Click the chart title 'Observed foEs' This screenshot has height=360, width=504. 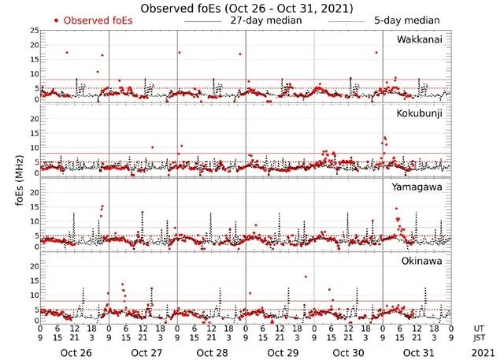point(246,8)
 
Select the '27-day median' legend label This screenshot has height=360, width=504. point(265,20)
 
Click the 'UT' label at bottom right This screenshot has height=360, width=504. point(480,328)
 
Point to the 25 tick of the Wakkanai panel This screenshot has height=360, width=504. point(33,31)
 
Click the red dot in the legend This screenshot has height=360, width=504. point(56,20)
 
